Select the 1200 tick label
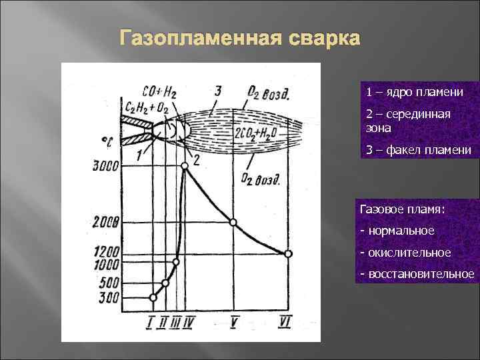105,253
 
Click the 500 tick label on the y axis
109,283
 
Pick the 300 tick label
109,297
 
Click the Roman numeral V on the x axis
235,323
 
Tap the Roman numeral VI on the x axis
286,323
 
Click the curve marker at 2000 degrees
233,222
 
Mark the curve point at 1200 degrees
287,253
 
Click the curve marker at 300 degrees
153,297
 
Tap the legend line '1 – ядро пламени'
413,91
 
